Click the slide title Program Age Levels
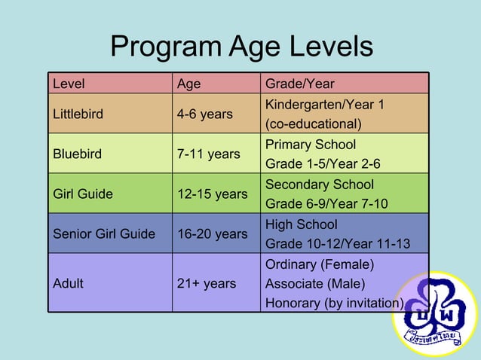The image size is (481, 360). coord(241,47)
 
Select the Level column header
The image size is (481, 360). coord(68,84)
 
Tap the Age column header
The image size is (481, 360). coord(188,84)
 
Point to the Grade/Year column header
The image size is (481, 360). coord(299,84)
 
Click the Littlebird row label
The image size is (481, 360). coord(78,114)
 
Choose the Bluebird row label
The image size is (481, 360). coord(75,154)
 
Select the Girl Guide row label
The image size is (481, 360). coord(83,194)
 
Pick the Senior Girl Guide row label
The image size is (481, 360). coord(104,233)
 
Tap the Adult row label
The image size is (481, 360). coord(69,283)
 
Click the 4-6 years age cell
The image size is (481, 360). coord(204,114)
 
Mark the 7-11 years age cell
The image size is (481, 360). coord(208,154)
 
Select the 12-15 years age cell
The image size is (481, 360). coord(212,194)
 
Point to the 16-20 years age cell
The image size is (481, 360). coord(212,233)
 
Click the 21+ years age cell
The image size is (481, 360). coord(206,283)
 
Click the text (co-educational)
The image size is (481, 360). coord(313,124)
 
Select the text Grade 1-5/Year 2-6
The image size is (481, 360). coord(323,163)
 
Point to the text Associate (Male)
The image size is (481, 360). coord(315,283)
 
